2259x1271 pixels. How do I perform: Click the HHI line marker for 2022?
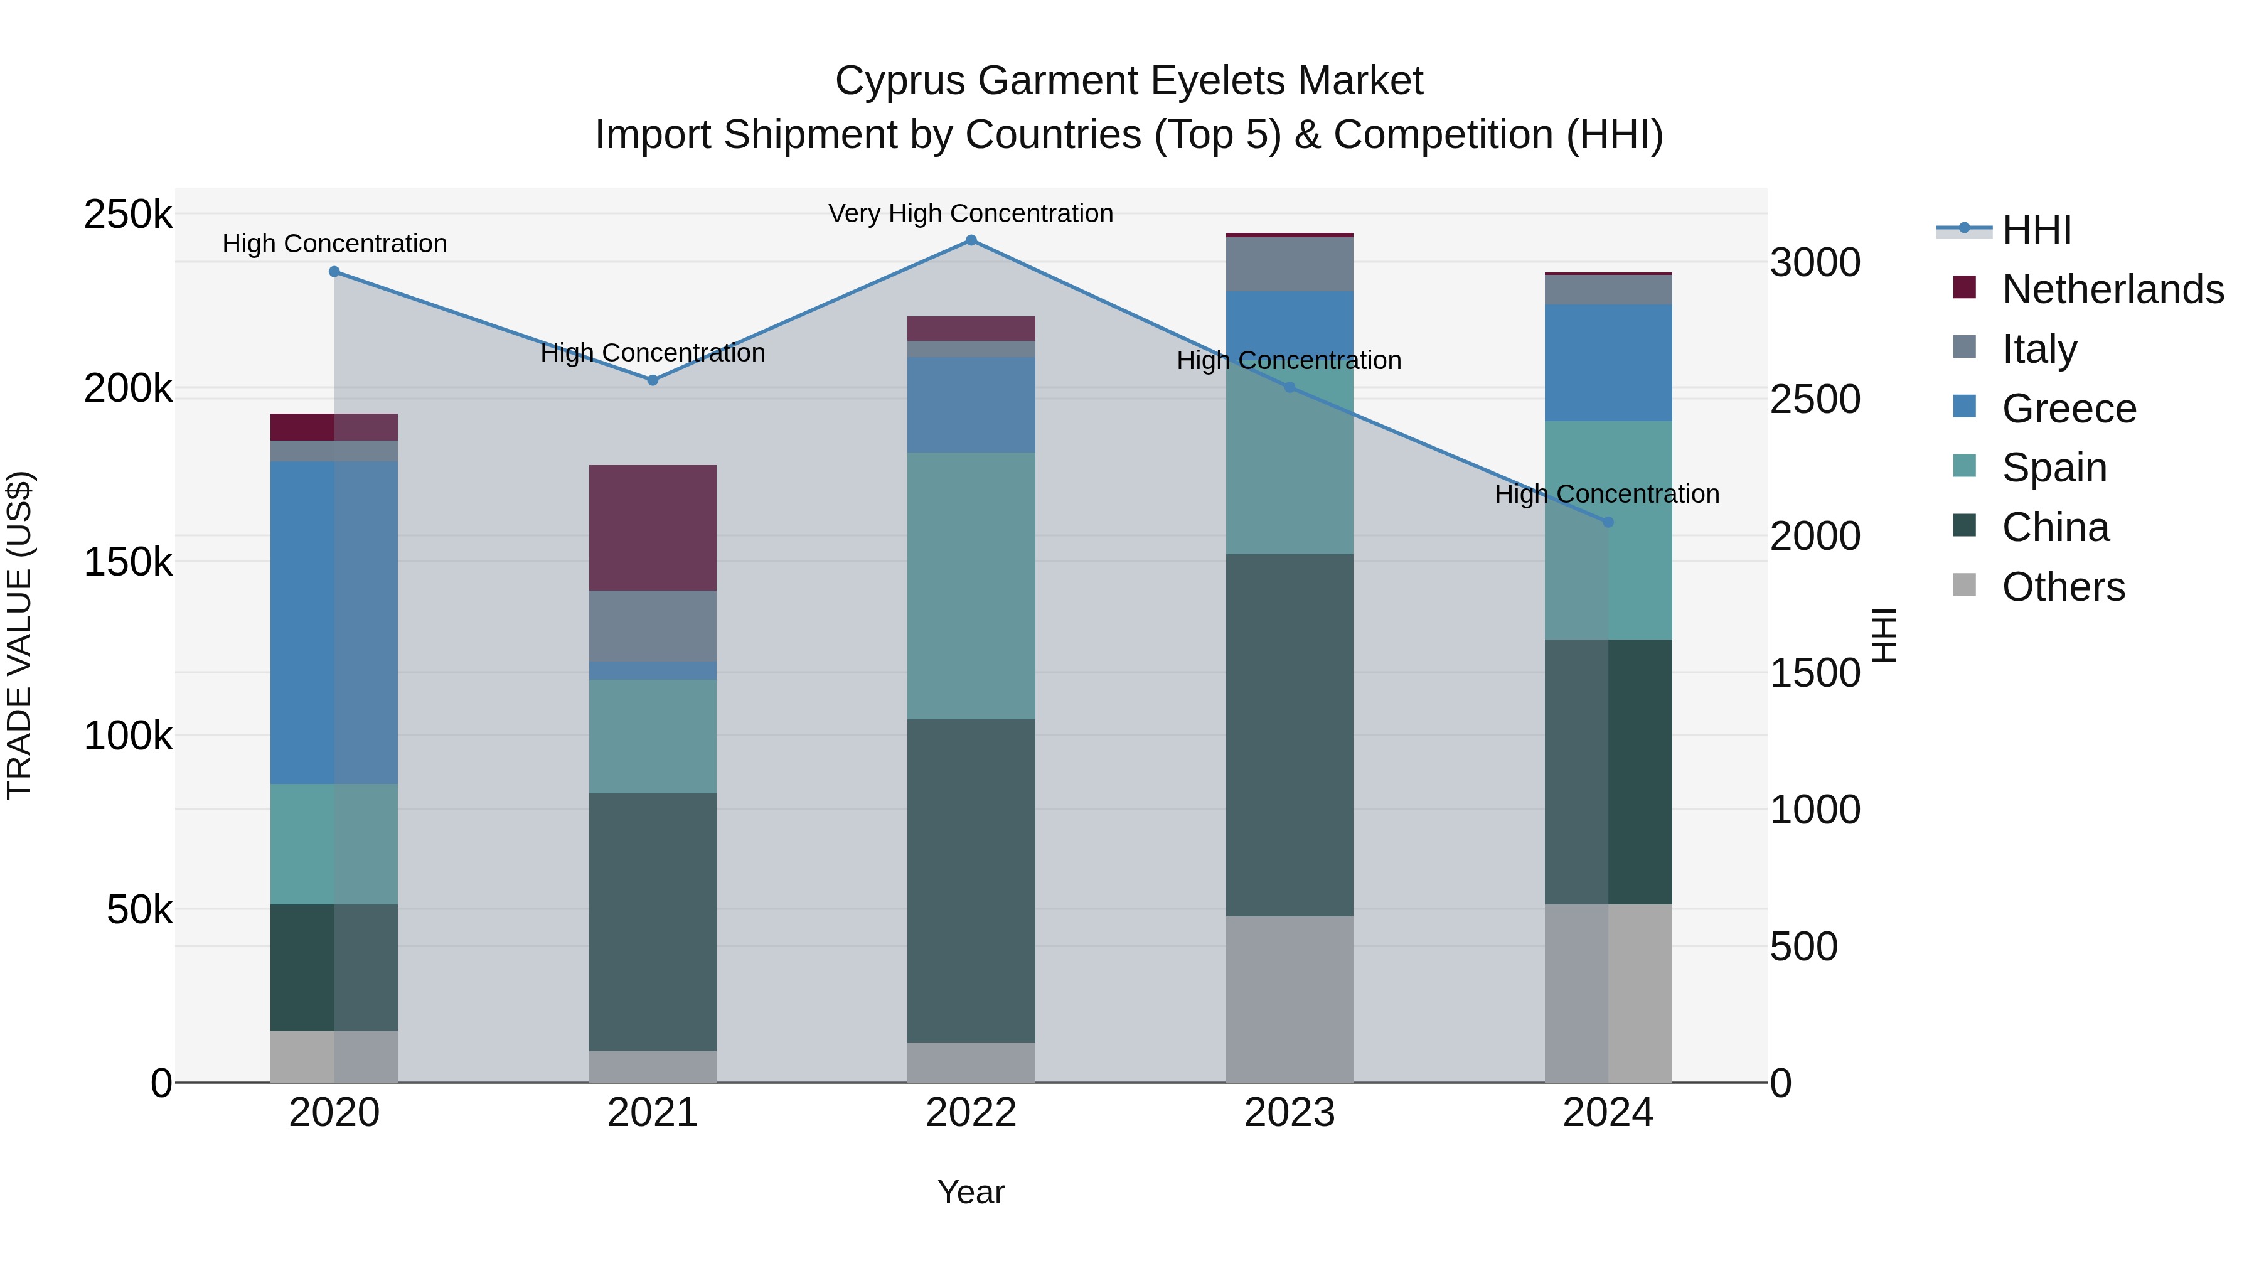[x=971, y=240]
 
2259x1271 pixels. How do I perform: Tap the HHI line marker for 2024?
[x=1608, y=522]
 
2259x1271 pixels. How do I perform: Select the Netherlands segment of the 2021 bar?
[x=653, y=527]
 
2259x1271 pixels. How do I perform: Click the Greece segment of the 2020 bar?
[x=333, y=622]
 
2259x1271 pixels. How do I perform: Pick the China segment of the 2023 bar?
[x=1289, y=735]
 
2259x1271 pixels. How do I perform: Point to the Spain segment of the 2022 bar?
[x=971, y=586]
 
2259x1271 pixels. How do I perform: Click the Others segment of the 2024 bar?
[x=1608, y=993]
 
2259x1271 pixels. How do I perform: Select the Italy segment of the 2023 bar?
[x=1289, y=264]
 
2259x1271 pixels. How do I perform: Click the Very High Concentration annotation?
[x=971, y=213]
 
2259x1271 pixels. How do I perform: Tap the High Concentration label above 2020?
[x=334, y=244]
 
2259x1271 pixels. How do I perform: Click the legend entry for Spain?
[x=2054, y=468]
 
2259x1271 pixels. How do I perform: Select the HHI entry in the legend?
[x=2036, y=230]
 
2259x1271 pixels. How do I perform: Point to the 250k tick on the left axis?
[x=128, y=215]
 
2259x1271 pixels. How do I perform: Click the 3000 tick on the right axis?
[x=1814, y=262]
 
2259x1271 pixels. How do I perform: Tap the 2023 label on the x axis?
[x=1289, y=1113]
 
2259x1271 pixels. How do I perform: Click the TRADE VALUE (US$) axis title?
[x=20, y=635]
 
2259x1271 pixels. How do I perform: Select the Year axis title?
[x=971, y=1192]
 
